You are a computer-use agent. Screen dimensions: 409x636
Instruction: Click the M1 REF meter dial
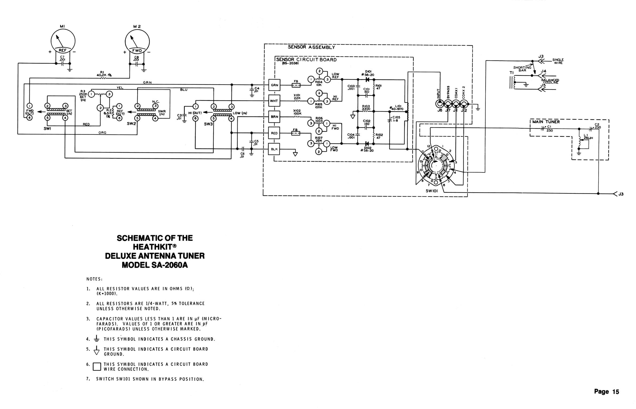[63, 41]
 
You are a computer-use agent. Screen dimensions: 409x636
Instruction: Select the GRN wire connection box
[274, 85]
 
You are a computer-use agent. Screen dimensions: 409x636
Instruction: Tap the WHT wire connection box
[274, 101]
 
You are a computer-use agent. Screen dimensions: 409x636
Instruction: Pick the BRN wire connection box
[274, 117]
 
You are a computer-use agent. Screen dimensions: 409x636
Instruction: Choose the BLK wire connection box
[274, 149]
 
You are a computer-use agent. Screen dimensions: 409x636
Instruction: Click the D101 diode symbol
[367, 79]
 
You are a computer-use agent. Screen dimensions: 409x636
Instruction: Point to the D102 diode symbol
[367, 144]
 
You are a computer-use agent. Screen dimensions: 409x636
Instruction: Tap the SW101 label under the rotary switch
[432, 191]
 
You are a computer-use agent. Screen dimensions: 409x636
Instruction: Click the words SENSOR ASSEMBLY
[311, 47]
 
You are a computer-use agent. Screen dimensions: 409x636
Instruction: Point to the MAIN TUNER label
[546, 122]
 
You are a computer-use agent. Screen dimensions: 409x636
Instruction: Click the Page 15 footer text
[607, 392]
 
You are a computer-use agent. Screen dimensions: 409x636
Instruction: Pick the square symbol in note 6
[97, 366]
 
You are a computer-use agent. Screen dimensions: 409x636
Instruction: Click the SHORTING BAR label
[522, 69]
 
